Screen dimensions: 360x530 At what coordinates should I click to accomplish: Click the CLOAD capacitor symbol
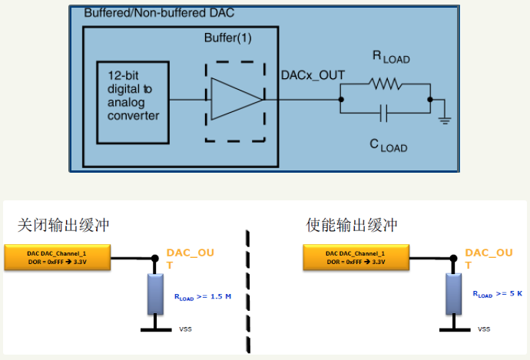pyautogui.click(x=383, y=114)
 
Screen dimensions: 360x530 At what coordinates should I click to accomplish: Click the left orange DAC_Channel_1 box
pyautogui.click(x=58, y=257)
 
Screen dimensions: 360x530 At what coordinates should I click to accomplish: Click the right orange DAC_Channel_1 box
pyautogui.click(x=356, y=257)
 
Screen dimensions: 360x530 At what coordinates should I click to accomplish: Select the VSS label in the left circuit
pyautogui.click(x=186, y=329)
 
